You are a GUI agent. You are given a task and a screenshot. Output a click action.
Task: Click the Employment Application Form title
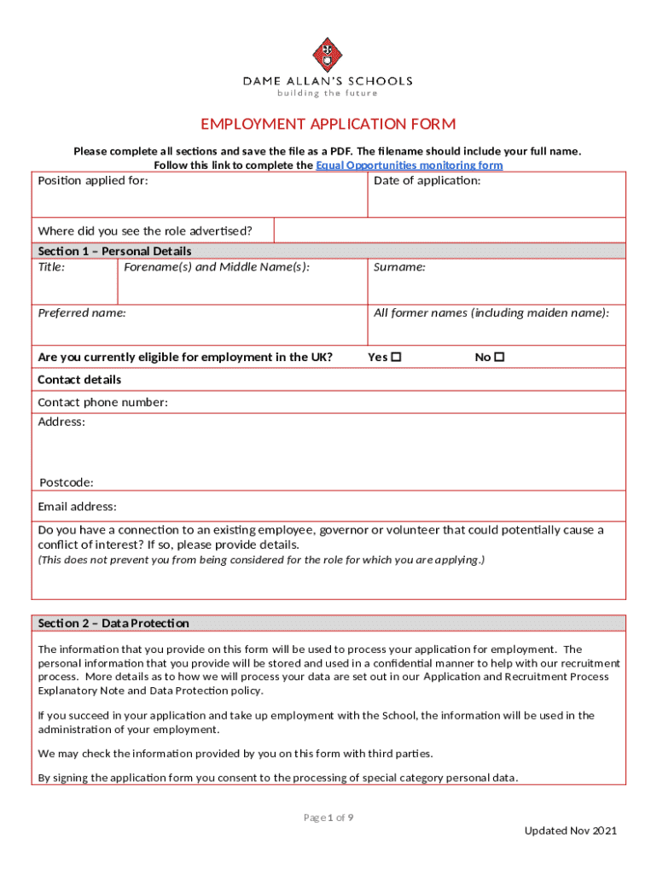pos(328,125)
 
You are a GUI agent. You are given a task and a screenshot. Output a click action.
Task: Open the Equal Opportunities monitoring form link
pos(409,166)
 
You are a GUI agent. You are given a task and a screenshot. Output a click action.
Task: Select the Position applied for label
pos(93,181)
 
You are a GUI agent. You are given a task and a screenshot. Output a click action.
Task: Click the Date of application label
pos(427,181)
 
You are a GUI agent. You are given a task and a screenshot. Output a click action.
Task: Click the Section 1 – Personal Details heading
pos(114,251)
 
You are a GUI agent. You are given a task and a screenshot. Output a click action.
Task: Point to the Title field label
pos(52,267)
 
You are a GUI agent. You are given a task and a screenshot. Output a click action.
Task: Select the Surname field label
pos(399,267)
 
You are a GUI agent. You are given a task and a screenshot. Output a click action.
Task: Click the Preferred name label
pos(82,313)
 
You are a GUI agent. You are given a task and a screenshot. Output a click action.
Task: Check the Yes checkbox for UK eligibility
pos(396,358)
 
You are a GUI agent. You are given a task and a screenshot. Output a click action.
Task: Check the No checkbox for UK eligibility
pos(500,358)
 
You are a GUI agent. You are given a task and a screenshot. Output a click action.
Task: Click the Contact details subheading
pos(79,380)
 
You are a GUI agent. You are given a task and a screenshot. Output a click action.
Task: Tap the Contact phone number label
pos(102,402)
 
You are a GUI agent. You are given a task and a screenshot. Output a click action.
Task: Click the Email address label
pos(78,506)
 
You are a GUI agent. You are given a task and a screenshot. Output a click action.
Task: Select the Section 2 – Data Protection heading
pos(113,623)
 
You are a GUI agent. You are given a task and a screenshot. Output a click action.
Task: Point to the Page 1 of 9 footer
pos(328,818)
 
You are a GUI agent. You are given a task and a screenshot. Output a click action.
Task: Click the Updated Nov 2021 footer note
pos(570,831)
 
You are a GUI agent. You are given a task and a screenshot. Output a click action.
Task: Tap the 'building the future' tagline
pos(328,94)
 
